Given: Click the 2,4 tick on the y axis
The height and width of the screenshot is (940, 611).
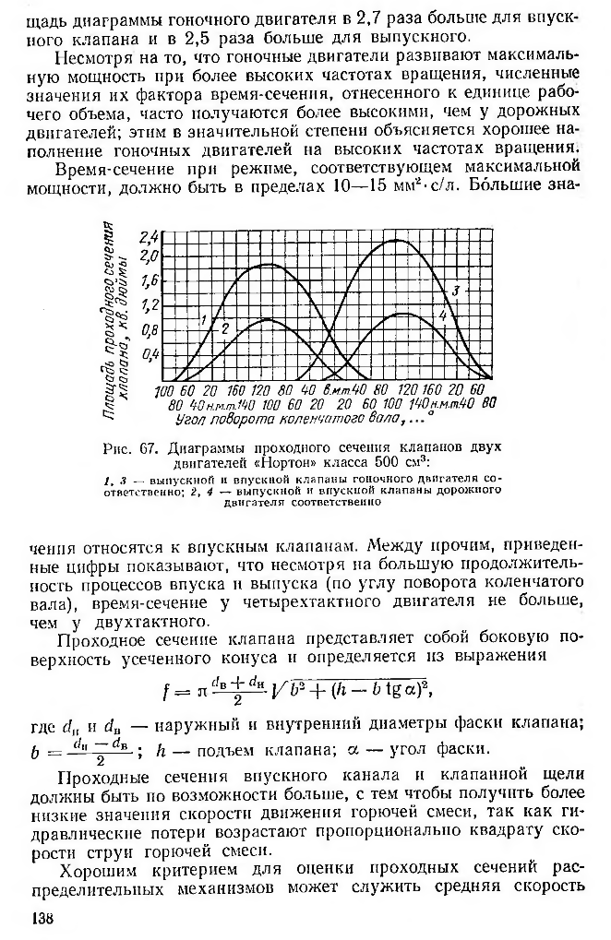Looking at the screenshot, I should (x=148, y=237).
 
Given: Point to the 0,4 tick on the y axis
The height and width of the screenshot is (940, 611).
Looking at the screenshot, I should (x=148, y=354).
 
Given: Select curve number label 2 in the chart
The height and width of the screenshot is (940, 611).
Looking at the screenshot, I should (x=224, y=327).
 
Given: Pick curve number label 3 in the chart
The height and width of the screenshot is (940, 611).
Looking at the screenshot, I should (x=455, y=292).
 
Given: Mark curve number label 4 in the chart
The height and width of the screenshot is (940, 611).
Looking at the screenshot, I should (x=443, y=315).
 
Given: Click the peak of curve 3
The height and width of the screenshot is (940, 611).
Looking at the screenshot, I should (x=397, y=240).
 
